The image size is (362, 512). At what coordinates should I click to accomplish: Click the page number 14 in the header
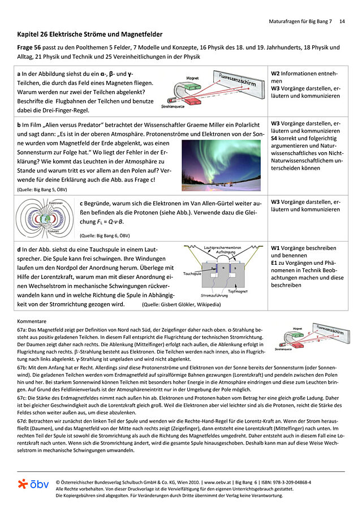click(342, 21)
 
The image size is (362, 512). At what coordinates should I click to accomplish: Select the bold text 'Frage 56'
click(29, 48)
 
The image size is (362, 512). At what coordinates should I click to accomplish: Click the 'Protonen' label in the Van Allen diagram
click(53, 231)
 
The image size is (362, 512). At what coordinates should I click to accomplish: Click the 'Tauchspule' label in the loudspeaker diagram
click(192, 274)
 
